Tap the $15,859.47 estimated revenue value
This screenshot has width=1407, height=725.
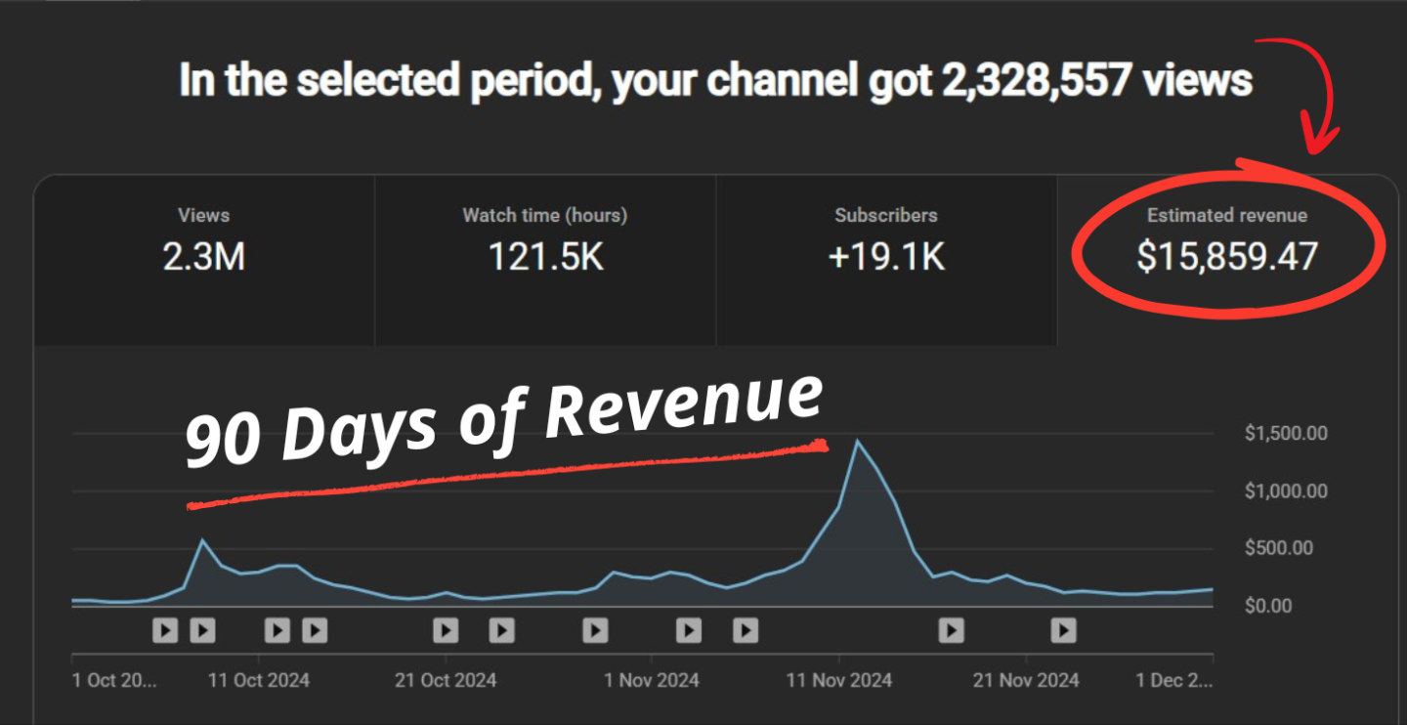coord(1227,257)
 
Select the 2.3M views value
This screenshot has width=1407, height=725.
coord(203,257)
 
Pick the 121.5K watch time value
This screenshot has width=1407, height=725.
coord(545,257)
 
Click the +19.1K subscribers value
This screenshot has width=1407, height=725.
coord(886,257)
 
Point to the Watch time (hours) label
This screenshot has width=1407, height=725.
coord(545,215)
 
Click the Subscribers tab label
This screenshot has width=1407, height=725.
coord(886,215)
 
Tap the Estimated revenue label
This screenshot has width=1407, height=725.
coord(1227,215)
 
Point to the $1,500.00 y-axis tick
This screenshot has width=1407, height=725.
coord(1286,434)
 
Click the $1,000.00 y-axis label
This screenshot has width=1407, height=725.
coord(1286,491)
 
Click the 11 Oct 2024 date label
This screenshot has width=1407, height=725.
coord(259,680)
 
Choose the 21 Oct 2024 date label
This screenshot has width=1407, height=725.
coord(446,680)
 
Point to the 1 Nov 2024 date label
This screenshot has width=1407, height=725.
coord(652,680)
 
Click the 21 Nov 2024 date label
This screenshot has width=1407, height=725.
coord(1027,680)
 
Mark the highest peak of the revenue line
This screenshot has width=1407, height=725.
coord(858,441)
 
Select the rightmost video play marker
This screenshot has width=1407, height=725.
coord(1063,630)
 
